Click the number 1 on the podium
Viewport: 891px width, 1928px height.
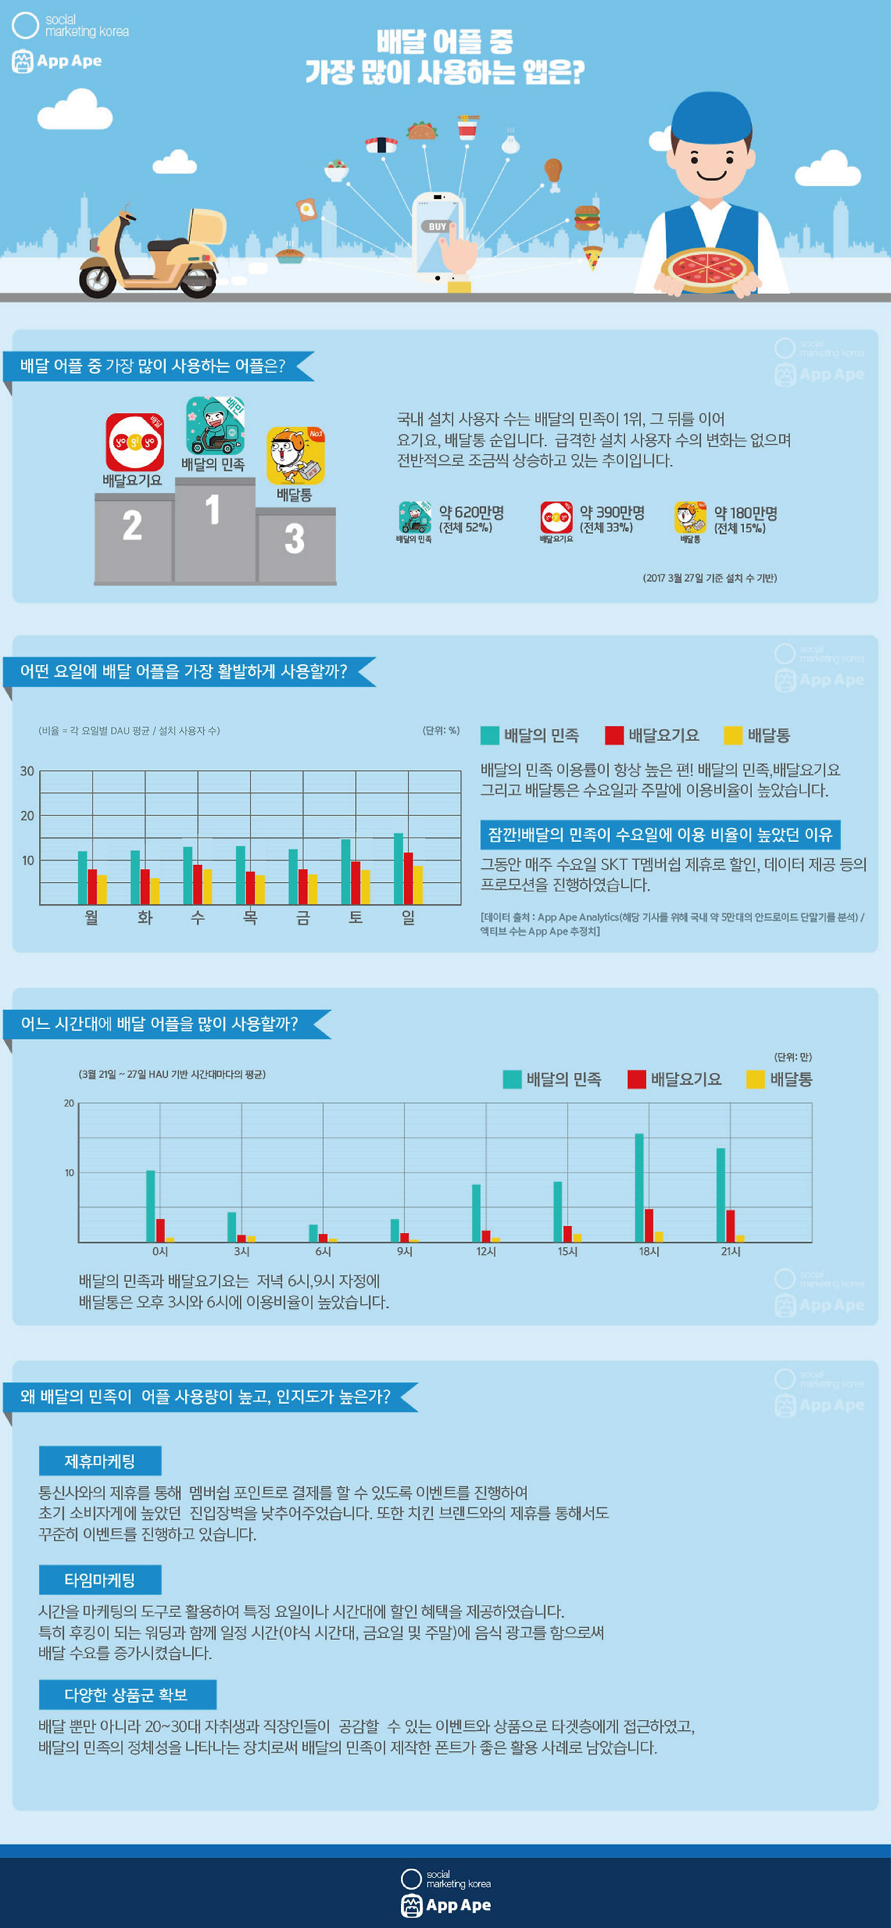(212, 510)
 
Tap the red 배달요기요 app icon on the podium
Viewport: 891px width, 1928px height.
(134, 441)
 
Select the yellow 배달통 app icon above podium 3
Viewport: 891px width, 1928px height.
(296, 456)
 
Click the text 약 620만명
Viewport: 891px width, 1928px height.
(471, 512)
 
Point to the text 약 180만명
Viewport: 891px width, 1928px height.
(746, 513)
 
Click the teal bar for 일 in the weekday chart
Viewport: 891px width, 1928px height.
(399, 868)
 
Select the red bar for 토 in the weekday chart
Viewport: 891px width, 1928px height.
(356, 882)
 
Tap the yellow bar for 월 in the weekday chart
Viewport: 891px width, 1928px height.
(102, 889)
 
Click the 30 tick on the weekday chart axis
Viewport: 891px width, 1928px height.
(27, 771)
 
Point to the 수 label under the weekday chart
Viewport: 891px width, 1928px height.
(198, 918)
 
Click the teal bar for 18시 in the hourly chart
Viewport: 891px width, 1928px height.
(640, 1188)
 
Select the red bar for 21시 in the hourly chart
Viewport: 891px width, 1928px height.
(730, 1226)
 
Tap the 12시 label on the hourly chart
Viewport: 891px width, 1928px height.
(487, 1251)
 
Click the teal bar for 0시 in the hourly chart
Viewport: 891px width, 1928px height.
(150, 1207)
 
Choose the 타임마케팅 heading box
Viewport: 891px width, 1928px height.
(100, 1580)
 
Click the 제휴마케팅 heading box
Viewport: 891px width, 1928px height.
(100, 1461)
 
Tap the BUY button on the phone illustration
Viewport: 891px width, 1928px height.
(437, 227)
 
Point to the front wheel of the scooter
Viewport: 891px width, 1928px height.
(98, 279)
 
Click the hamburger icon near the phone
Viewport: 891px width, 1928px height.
(588, 218)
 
